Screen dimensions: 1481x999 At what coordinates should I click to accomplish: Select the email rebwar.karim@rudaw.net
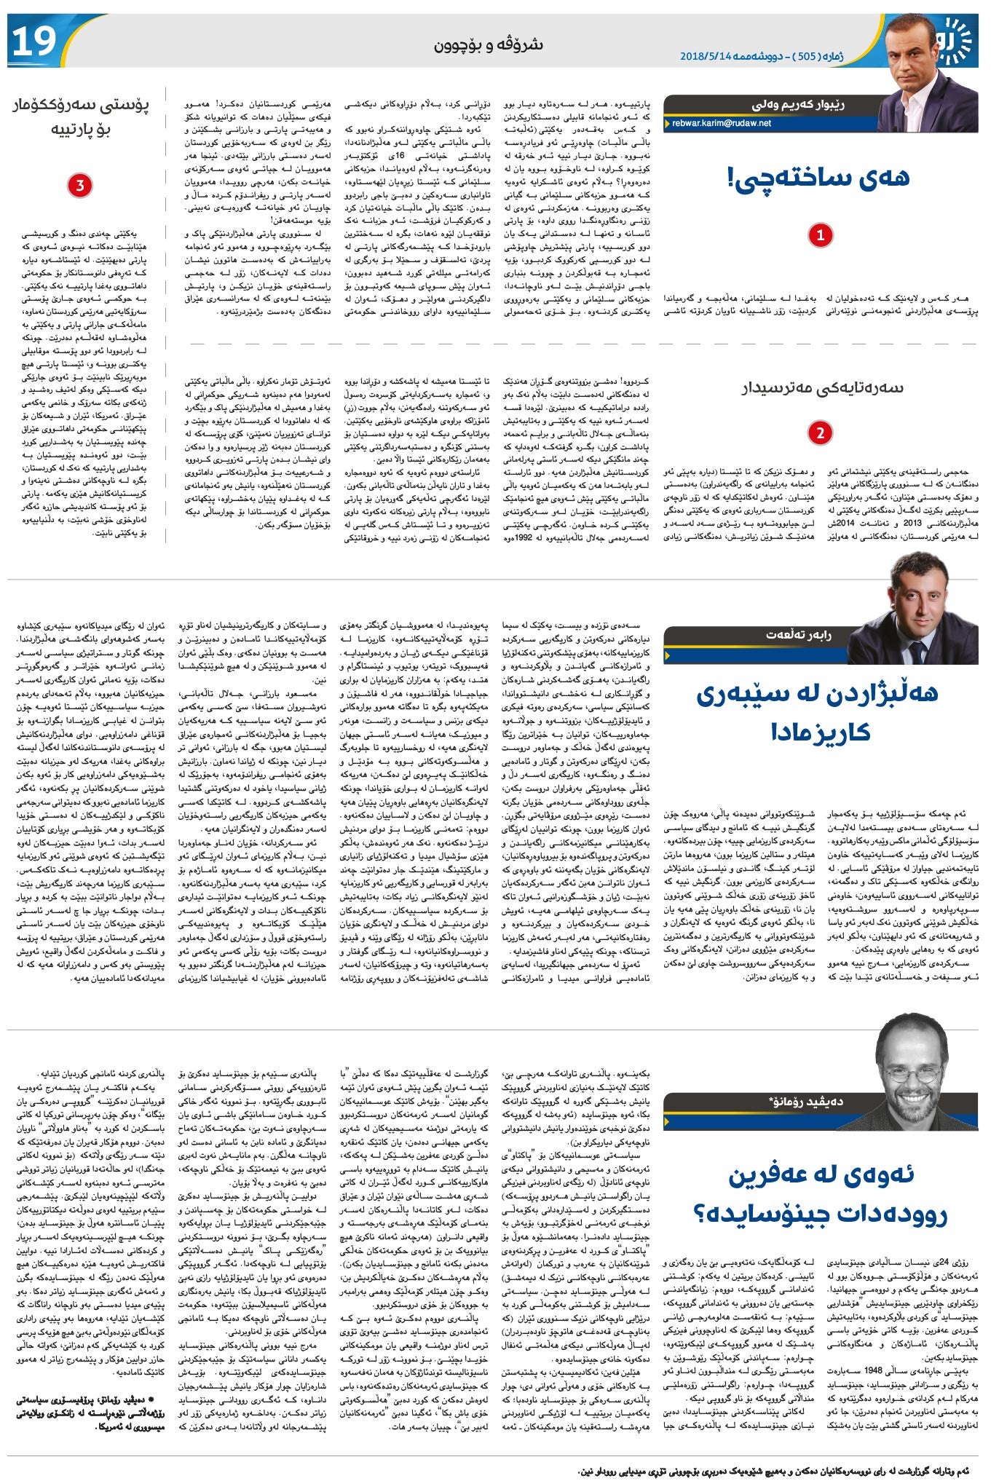click(x=722, y=124)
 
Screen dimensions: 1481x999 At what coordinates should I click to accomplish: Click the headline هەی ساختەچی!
click(x=819, y=176)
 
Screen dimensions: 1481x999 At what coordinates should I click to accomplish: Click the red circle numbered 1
click(x=820, y=234)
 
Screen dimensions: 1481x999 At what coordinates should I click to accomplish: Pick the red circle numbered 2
click(x=820, y=433)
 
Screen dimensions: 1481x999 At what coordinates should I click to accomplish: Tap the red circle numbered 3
click(x=80, y=186)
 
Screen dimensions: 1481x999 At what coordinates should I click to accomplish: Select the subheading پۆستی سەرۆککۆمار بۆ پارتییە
click(x=80, y=119)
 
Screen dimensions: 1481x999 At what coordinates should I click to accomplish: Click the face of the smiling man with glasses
click(x=916, y=1067)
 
